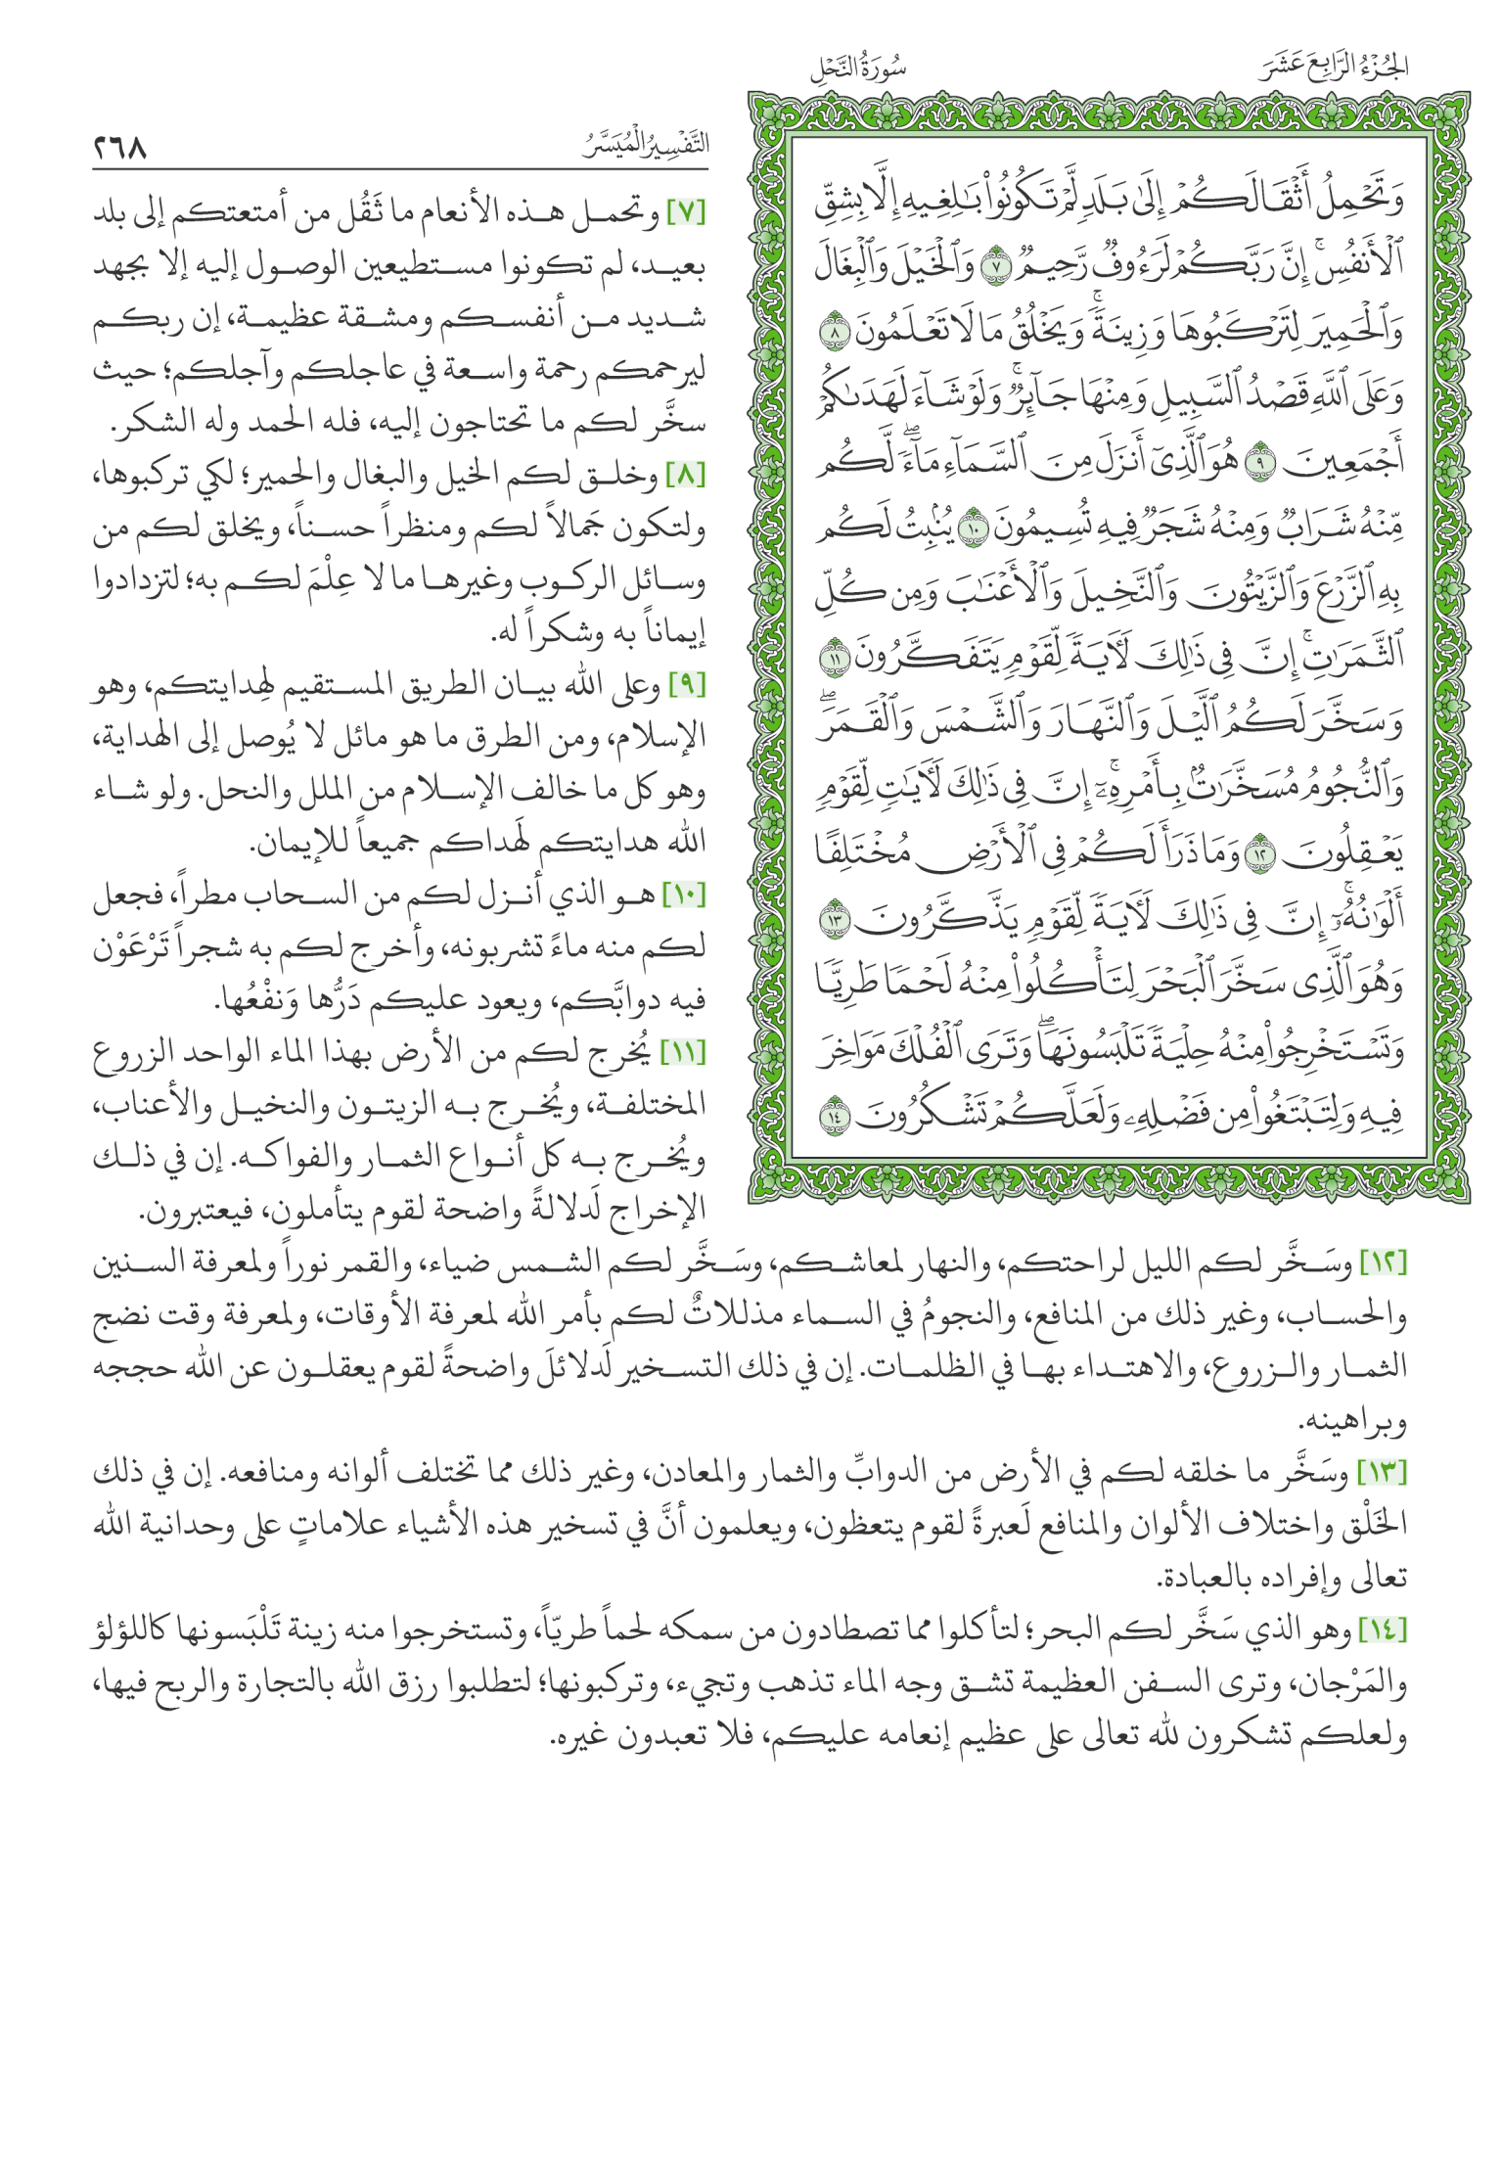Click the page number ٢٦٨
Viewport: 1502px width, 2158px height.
pyautogui.click(x=120, y=148)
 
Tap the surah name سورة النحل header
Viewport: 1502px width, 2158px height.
pyautogui.click(x=858, y=69)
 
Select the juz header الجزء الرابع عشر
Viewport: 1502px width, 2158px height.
pyautogui.click(x=1333, y=68)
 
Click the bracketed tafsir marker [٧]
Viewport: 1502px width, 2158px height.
pyautogui.click(x=686, y=212)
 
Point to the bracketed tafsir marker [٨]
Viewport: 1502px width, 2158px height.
pyautogui.click(x=686, y=477)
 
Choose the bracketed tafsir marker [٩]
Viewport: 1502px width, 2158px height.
pyautogui.click(x=686, y=686)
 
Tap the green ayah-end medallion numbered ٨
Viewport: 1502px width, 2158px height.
pyautogui.click(x=835, y=334)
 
